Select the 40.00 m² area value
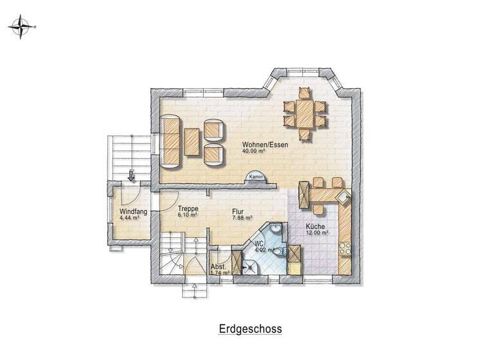(x=255, y=152)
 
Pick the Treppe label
(x=188, y=210)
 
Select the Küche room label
(x=315, y=226)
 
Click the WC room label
(x=259, y=244)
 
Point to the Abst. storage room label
(x=218, y=266)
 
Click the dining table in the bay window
(x=306, y=113)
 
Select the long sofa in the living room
(x=171, y=141)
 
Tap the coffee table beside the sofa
(x=192, y=141)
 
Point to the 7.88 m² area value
(x=241, y=217)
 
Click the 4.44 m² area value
(x=130, y=219)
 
